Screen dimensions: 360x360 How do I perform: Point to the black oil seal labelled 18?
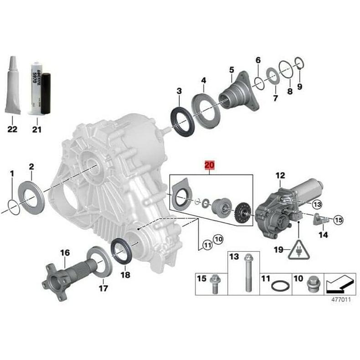tap(123, 250)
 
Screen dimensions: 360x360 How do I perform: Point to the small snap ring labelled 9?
tap(299, 62)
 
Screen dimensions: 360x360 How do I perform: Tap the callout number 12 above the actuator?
tap(280, 175)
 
